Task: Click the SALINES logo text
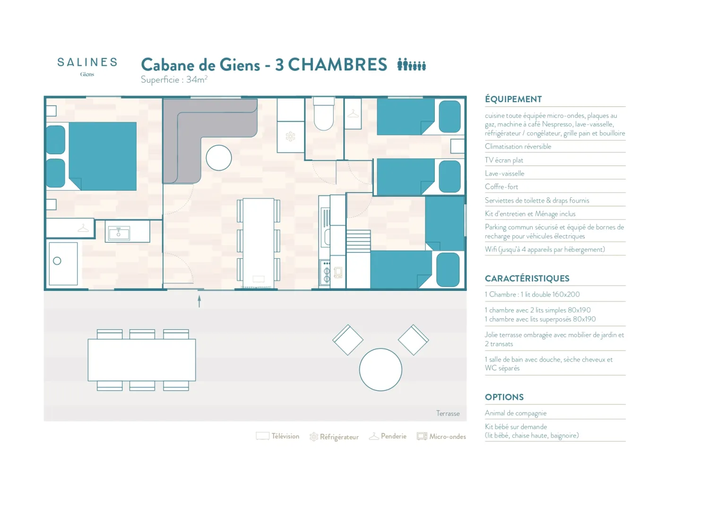tap(87, 62)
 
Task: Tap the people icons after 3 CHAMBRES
tap(412, 64)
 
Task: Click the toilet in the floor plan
tap(323, 114)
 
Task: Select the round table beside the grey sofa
tap(219, 158)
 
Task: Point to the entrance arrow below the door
tap(199, 301)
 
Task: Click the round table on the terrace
tap(380, 369)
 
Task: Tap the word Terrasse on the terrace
tap(448, 413)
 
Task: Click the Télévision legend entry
tap(277, 436)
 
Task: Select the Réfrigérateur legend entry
tap(334, 437)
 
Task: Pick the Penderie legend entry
tap(388, 436)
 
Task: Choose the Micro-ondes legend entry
tap(441, 437)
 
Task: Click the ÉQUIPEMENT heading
tap(513, 99)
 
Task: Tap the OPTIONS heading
tap(504, 397)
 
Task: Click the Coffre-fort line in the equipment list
tap(501, 187)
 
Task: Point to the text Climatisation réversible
tap(518, 147)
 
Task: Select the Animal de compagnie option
tap(516, 413)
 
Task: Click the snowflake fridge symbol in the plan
tap(290, 137)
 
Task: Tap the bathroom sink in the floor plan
tap(119, 233)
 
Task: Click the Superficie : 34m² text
tap(174, 79)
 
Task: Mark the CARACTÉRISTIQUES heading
tap(527, 279)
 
